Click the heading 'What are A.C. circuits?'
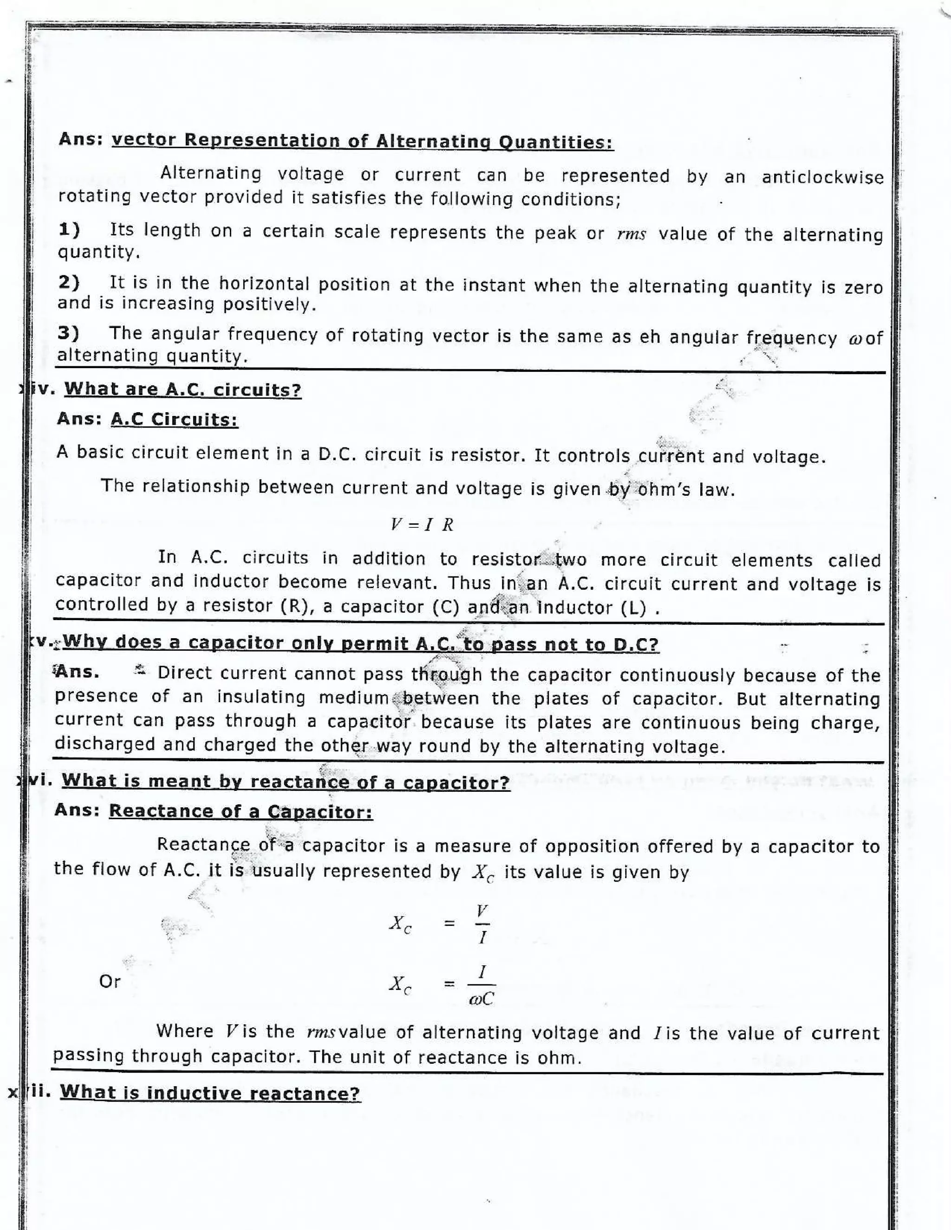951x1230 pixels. tap(182, 390)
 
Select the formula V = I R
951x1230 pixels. tap(422, 525)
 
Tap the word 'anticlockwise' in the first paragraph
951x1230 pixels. tap(822, 177)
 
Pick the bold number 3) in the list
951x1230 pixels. tap(68, 333)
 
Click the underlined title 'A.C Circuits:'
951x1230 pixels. tap(174, 420)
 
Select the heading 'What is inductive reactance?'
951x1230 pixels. tap(210, 1093)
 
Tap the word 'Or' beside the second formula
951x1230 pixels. tap(110, 981)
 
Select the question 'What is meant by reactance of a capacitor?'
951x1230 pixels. tap(286, 782)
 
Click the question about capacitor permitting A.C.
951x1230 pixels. tap(360, 643)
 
